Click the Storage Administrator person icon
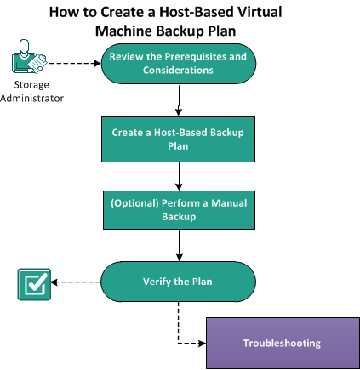pyautogui.click(x=27, y=60)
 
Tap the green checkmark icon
pyautogui.click(x=34, y=284)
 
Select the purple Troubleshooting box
pyautogui.click(x=282, y=343)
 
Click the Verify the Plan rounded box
pyautogui.click(x=179, y=282)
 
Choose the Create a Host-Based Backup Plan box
pyautogui.click(x=179, y=139)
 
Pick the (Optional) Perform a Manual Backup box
pyautogui.click(x=179, y=210)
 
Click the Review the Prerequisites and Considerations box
pyautogui.click(x=179, y=63)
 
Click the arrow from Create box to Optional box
pyautogui.click(x=180, y=175)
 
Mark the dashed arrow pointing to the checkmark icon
pyautogui.click(x=77, y=282)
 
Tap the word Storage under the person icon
pyautogui.click(x=31, y=85)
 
